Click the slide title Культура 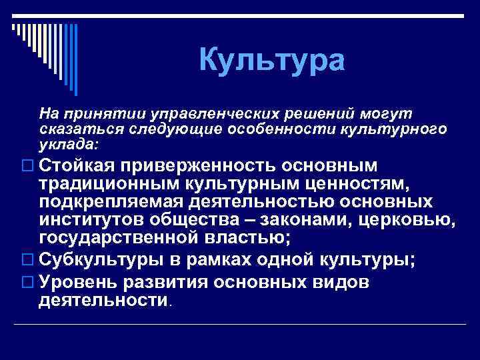(272, 61)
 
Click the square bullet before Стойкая (27, 165)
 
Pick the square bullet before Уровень (27, 282)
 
